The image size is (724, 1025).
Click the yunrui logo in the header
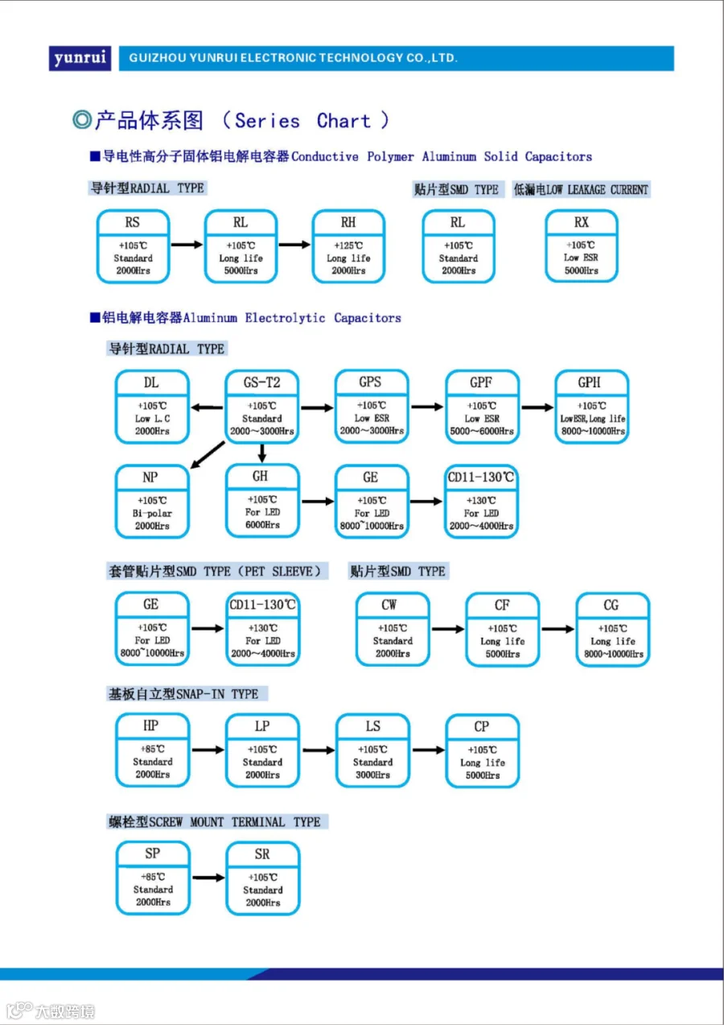coord(80,58)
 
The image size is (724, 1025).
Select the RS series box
coord(133,246)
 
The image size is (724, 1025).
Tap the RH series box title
coord(348,222)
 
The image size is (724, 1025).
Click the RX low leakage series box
coord(582,246)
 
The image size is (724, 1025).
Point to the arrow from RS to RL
coord(187,245)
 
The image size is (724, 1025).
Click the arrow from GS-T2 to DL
coord(207,407)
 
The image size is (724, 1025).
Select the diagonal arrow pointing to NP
coord(207,454)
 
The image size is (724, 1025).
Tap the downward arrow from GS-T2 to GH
coord(262,453)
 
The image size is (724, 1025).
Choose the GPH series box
coord(592,407)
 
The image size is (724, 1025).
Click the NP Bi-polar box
coord(152,502)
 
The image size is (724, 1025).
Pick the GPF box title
coord(481,382)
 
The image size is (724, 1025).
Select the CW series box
coord(393,629)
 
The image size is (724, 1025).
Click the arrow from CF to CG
coord(557,629)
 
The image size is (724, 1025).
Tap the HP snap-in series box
coord(152,750)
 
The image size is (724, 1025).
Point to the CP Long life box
coord(482,751)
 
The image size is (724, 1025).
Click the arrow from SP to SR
coord(208,878)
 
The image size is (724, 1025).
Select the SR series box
coord(263,878)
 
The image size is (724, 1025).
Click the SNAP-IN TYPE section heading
coord(183,694)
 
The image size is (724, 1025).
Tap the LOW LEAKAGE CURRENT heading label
coord(581,189)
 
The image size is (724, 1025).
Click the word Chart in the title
coord(343,121)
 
